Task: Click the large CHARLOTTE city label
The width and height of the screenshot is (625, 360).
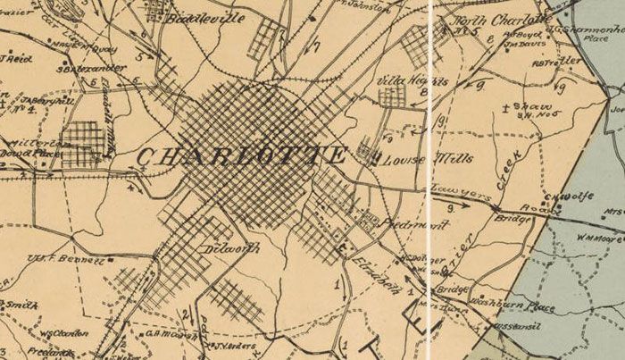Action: (241, 155)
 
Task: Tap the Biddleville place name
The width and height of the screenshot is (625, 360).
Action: (211, 18)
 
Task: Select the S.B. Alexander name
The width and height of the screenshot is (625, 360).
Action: (81, 67)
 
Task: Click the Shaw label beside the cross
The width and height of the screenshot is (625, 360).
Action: (534, 106)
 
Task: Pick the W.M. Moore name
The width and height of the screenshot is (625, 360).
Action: (598, 239)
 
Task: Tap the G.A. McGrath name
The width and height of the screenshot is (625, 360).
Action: (164, 334)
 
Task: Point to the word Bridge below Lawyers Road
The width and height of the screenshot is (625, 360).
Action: (512, 218)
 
